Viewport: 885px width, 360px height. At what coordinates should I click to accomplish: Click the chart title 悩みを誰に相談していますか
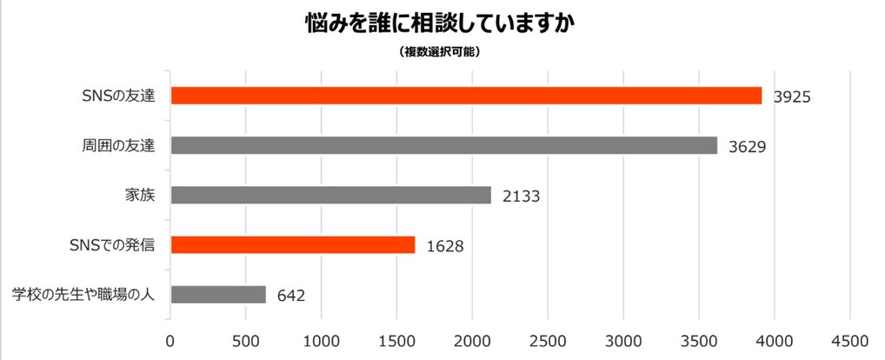tap(441, 23)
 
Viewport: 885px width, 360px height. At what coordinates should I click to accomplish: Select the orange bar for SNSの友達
tap(466, 96)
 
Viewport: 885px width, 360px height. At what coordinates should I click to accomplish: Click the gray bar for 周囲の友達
tap(443, 145)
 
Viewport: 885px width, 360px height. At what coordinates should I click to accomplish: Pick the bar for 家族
tap(330, 195)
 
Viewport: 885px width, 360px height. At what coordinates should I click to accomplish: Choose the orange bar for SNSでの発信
tap(293, 244)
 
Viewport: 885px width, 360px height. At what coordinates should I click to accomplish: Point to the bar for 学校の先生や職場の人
tap(218, 295)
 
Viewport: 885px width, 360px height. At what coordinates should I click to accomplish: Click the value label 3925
tap(792, 97)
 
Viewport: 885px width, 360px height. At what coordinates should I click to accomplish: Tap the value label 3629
tap(747, 146)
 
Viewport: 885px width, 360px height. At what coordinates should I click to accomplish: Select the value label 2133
tap(521, 196)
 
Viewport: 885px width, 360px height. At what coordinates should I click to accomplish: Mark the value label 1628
tap(444, 245)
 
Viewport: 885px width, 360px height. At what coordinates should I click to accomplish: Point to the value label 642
tap(291, 296)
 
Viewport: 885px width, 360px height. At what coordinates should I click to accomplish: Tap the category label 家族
tap(141, 195)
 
